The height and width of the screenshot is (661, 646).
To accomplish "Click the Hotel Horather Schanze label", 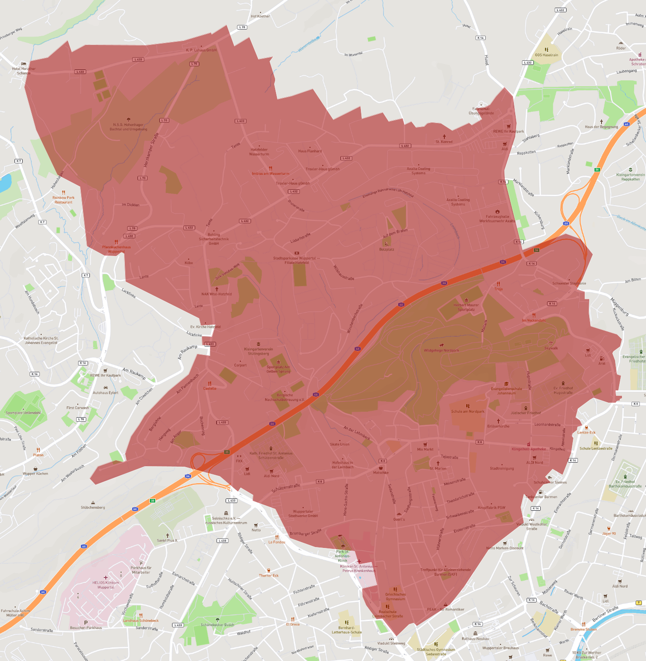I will tap(24, 71).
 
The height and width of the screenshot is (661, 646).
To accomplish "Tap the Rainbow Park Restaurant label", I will tap(63, 200).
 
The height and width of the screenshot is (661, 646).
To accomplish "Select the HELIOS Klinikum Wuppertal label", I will tap(106, 585).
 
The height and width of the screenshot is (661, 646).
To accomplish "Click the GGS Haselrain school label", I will tap(547, 55).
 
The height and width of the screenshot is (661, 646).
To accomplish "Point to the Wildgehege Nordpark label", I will tap(441, 350).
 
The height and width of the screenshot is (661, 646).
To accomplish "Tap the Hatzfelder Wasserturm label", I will tap(259, 152).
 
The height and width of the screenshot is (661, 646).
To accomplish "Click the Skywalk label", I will tap(551, 348).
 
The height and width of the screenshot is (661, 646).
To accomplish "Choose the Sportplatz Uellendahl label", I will tap(23, 413).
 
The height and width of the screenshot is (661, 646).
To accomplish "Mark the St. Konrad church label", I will tap(444, 142).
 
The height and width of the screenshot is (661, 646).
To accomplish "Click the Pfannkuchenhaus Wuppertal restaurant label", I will tap(116, 249).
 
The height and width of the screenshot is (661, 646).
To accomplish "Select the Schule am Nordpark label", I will tap(468, 411).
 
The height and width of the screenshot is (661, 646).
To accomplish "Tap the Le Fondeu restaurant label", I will tap(276, 542).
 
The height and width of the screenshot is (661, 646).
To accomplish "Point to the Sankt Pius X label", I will tap(167, 540).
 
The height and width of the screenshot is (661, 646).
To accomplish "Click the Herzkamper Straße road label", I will tap(152, 150).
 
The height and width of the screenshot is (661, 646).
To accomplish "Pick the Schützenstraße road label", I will tap(286, 488).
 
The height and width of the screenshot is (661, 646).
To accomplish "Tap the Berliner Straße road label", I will tap(605, 614).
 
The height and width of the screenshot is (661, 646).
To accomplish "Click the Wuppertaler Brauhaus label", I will tap(500, 648).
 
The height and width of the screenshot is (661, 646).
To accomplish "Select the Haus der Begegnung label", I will tap(602, 127).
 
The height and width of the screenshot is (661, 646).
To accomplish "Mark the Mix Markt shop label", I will tap(425, 449).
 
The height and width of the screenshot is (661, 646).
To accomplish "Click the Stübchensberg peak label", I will tap(93, 507).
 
